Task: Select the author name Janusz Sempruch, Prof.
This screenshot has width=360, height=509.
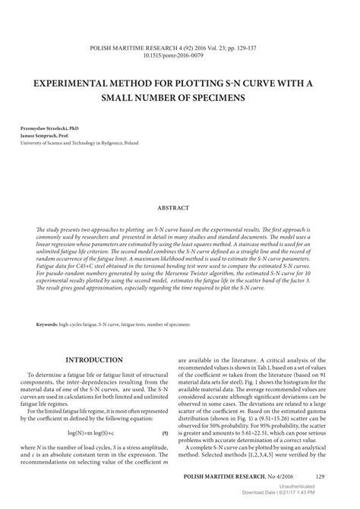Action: (x=44, y=136)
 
